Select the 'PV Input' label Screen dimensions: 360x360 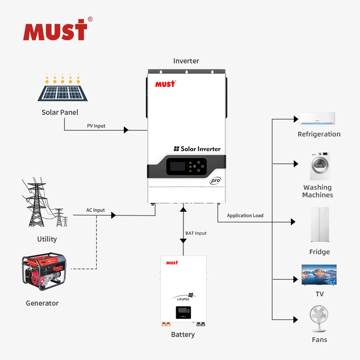[96, 126]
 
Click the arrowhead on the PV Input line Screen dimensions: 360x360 [126, 130]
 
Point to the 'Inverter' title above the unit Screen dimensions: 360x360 [186, 61]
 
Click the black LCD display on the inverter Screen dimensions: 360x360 [177, 166]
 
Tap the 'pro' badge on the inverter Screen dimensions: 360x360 [215, 181]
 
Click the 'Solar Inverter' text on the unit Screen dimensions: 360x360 [197, 149]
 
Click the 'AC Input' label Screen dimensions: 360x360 [95, 210]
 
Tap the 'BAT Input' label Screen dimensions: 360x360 [196, 233]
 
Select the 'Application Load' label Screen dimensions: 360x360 [245, 216]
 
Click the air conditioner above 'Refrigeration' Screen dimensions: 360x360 [317, 119]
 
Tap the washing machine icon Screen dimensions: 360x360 [320, 166]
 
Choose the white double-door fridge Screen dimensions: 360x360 [320, 225]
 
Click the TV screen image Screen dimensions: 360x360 [319, 274]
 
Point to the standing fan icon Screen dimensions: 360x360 [319, 319]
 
